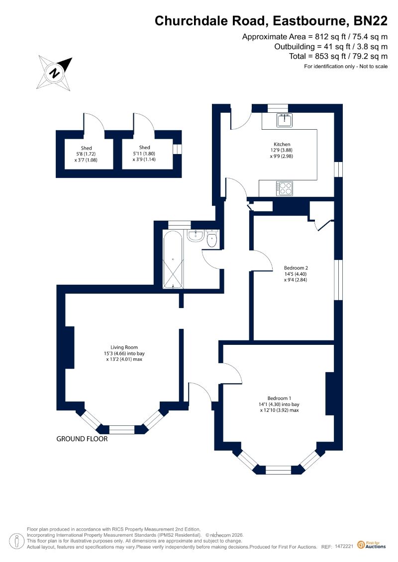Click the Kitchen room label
coord(282,145)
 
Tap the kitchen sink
coord(285,120)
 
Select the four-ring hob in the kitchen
coord(284,188)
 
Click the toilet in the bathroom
coord(212,239)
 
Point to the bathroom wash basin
coord(196,236)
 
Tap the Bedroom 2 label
coord(296,268)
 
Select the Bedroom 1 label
coord(279,398)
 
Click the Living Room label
coord(124,347)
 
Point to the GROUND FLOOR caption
coord(82,439)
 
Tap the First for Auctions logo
coord(372,545)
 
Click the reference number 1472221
coord(344,547)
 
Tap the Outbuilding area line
coord(331,47)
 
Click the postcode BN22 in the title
coord(370,21)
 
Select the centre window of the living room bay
coord(122,429)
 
